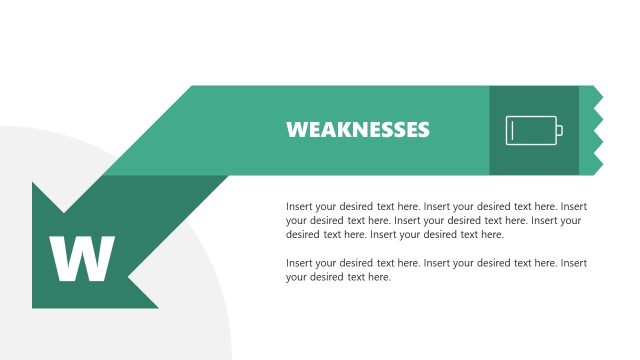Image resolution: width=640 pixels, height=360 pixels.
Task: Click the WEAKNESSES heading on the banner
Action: [x=358, y=130]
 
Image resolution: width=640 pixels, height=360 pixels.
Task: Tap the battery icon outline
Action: [x=531, y=130]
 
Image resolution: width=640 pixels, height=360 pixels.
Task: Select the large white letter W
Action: [x=82, y=260]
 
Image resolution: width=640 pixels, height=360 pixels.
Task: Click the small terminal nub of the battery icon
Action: [x=560, y=130]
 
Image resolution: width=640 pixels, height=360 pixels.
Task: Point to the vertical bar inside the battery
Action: [x=512, y=130]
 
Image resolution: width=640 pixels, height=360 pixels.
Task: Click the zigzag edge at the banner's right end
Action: [x=597, y=130]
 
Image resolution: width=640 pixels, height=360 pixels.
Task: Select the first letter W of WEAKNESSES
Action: [x=295, y=130]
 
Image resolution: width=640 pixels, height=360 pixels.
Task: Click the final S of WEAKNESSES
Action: [x=423, y=130]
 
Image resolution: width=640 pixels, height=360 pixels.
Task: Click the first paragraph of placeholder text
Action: [x=436, y=220]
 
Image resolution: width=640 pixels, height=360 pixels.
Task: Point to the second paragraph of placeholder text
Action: [x=436, y=270]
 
